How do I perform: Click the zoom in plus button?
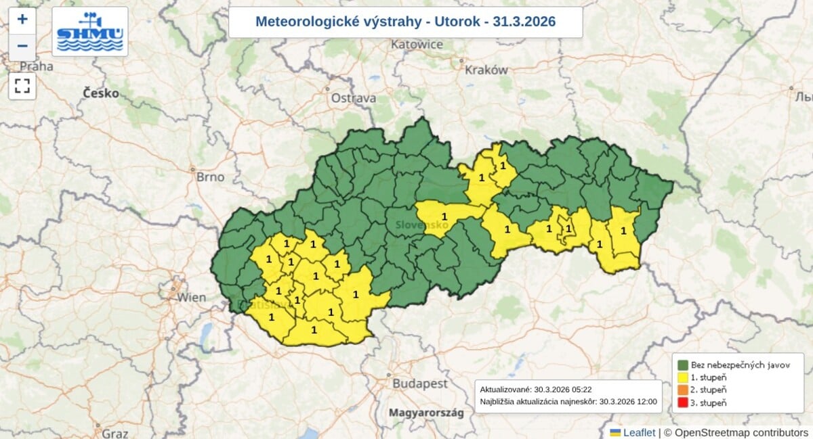[22, 19]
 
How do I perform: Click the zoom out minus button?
[22, 46]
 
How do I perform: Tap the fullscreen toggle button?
[22, 86]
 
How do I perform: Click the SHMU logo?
[90, 32]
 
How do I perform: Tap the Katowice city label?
[417, 45]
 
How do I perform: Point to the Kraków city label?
[486, 70]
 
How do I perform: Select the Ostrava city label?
[353, 98]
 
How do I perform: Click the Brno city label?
[209, 177]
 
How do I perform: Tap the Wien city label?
[192, 297]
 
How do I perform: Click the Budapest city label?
[419, 384]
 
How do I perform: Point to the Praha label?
[37, 66]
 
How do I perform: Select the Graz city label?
[115, 433]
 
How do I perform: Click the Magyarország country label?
[425, 412]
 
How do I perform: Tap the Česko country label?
[101, 93]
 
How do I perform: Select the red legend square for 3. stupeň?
[683, 403]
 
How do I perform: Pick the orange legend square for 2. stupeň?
[683, 390]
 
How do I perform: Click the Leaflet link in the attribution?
[639, 432]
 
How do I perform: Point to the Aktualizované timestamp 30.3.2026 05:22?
[526, 390]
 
